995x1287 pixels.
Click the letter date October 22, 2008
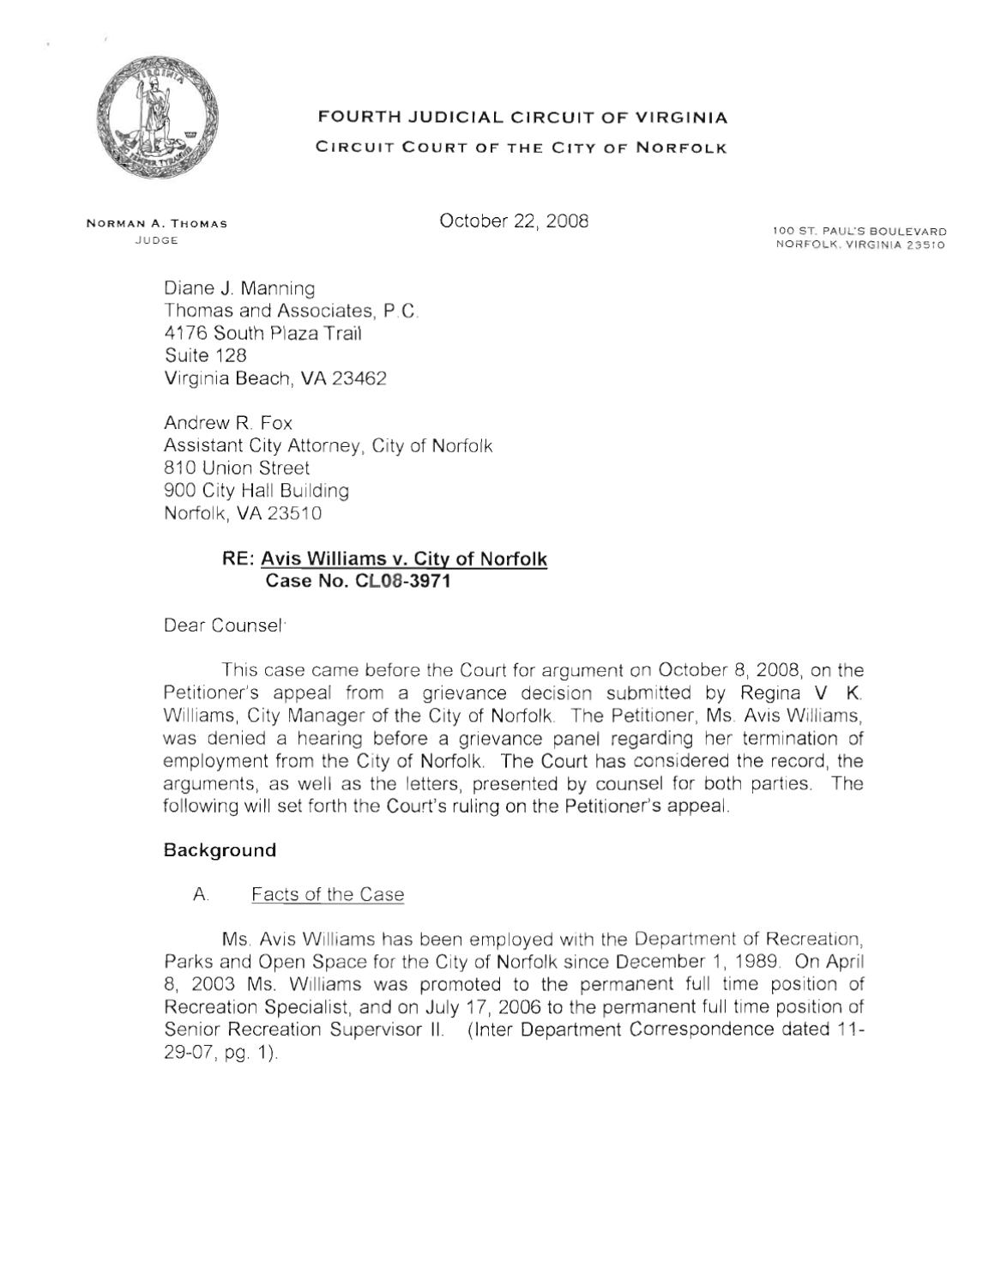click(514, 221)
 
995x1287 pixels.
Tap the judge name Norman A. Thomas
click(156, 224)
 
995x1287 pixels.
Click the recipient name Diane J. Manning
click(239, 289)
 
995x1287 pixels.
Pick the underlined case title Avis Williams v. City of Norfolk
click(404, 559)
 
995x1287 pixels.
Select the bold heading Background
click(220, 850)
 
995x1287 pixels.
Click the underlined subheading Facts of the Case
click(327, 895)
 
